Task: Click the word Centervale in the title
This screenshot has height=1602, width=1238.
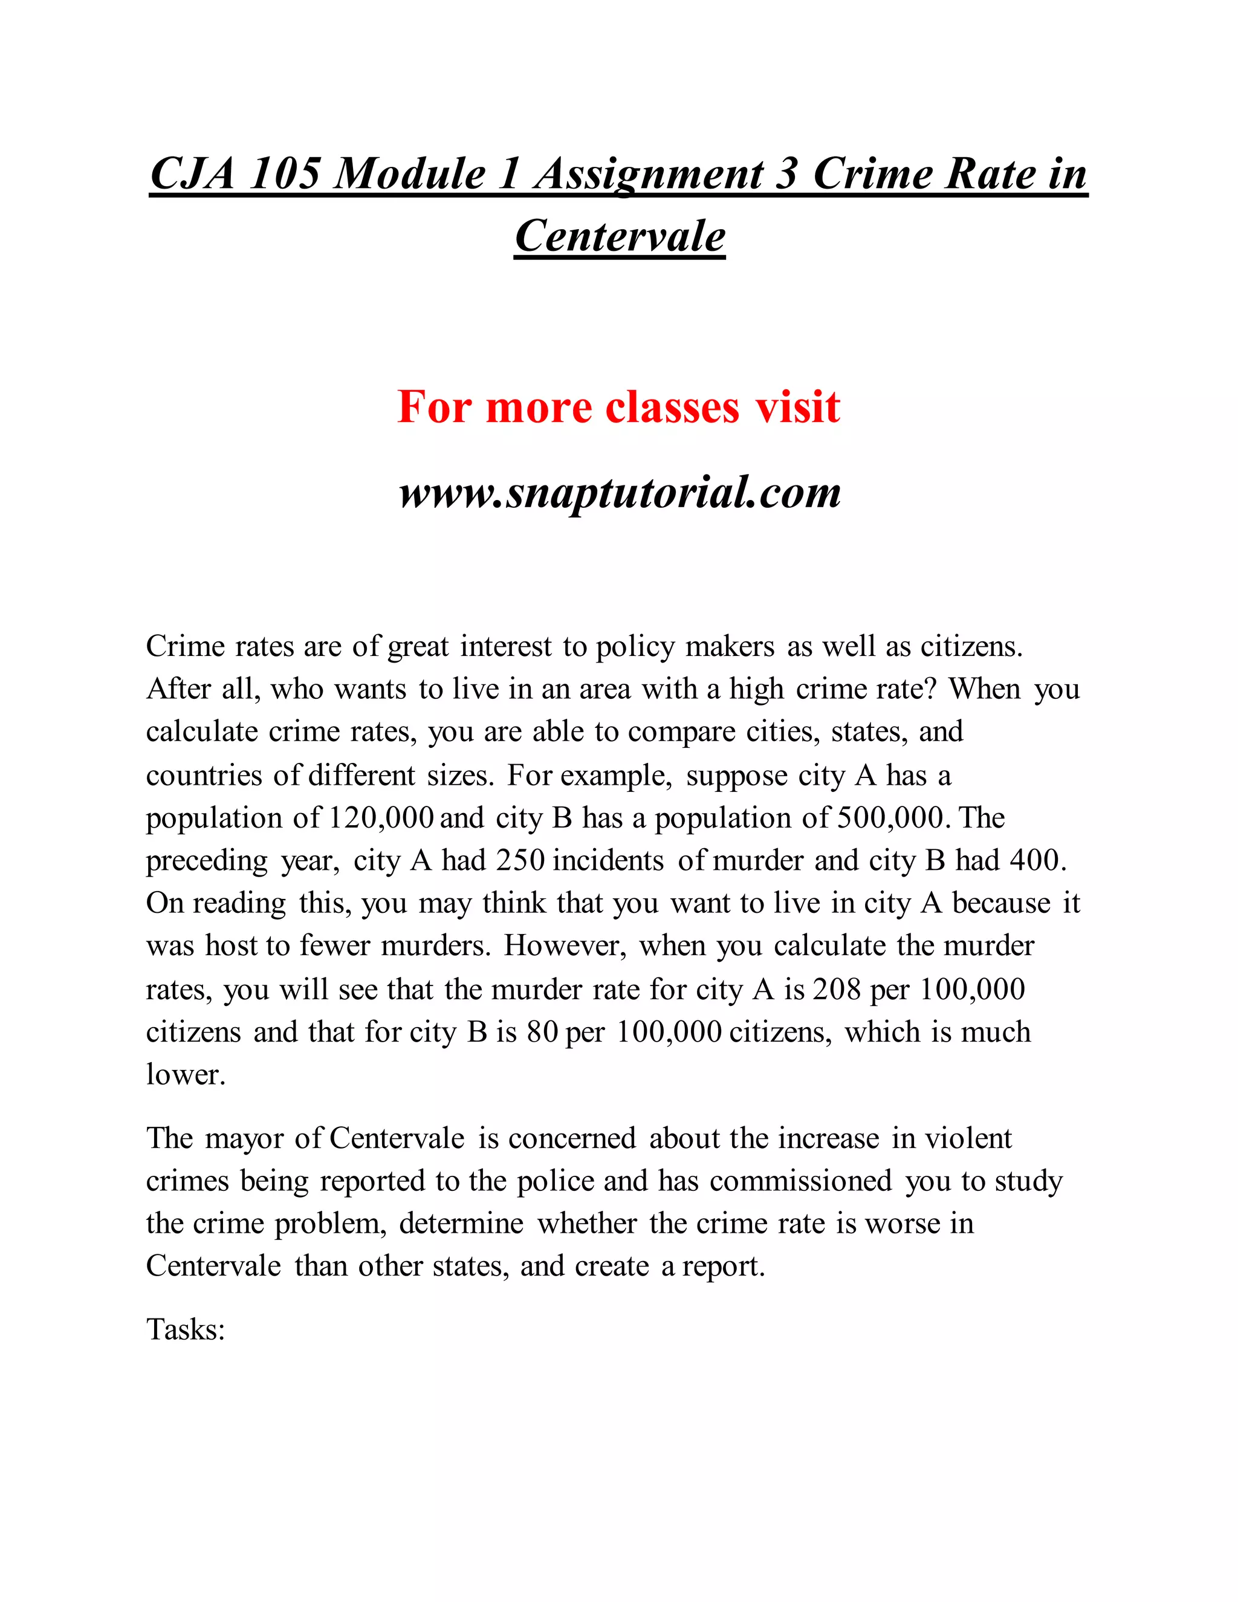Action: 620,237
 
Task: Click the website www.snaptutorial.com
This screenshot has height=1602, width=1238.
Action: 620,491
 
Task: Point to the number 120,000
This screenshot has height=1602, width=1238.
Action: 381,818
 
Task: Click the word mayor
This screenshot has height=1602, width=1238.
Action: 244,1138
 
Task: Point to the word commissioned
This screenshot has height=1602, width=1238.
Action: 801,1181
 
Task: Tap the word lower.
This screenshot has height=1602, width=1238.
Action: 185,1075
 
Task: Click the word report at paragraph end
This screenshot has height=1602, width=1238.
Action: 723,1266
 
